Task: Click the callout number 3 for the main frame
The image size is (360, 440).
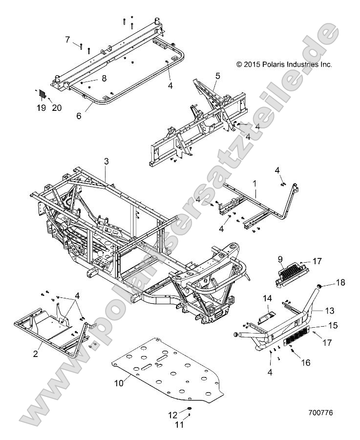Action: [106, 161]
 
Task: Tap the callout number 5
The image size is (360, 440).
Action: [218, 76]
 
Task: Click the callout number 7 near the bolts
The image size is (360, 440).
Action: [68, 40]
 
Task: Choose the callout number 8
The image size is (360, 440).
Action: [104, 78]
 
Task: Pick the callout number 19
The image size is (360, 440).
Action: [41, 108]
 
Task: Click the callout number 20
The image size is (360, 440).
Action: [56, 108]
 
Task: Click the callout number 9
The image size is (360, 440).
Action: [281, 259]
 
